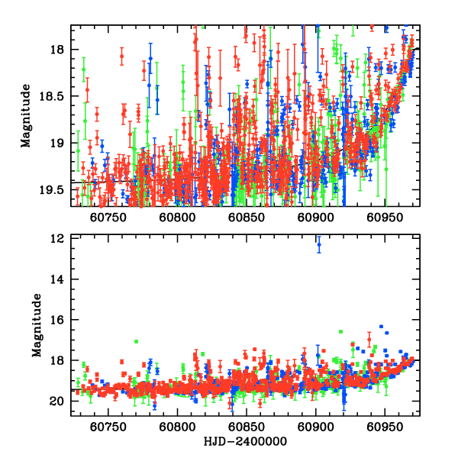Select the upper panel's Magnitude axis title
[26, 116]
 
